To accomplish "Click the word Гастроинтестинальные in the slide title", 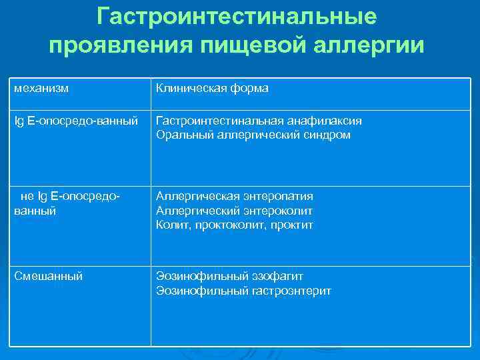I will pyautogui.click(x=236, y=16).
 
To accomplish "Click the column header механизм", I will pyautogui.click(x=42, y=87).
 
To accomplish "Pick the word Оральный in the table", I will pyautogui.click(x=180, y=135).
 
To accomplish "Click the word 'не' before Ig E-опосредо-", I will pyautogui.click(x=27, y=196).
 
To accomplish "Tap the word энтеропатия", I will pyautogui.click(x=279, y=196).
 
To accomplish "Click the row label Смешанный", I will pyautogui.click(x=49, y=276).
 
